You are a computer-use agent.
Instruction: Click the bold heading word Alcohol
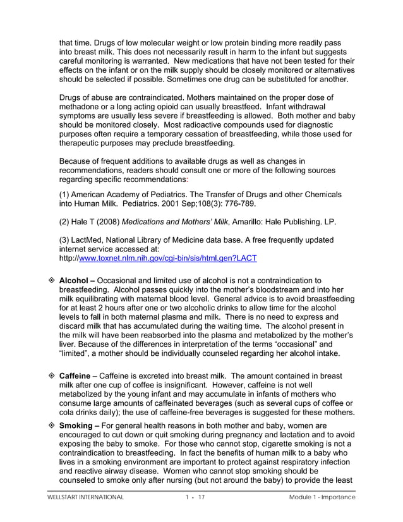pyautogui.click(x=74, y=280)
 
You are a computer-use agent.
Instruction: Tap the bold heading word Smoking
pyautogui.click(x=75, y=426)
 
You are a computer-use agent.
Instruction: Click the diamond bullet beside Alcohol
pyautogui.click(x=52, y=280)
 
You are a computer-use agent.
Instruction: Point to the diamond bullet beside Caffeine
pyautogui.click(x=52, y=375)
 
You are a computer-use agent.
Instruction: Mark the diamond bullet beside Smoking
pyautogui.click(x=52, y=426)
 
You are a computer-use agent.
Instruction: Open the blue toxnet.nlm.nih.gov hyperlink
pyautogui.click(x=167, y=258)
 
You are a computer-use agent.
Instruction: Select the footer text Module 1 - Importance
pyautogui.click(x=318, y=498)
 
